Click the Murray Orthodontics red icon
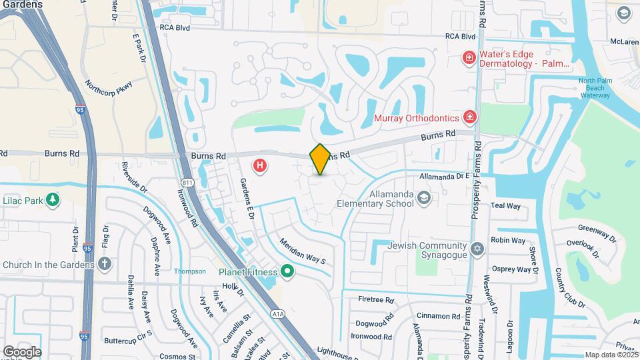coord(470,117)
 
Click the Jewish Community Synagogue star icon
coord(476,249)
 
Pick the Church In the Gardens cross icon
coord(104,264)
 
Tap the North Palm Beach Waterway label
coord(594,88)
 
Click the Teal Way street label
coord(505,206)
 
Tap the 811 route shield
coord(186,181)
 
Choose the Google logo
coord(22,351)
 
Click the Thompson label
coord(190,271)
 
